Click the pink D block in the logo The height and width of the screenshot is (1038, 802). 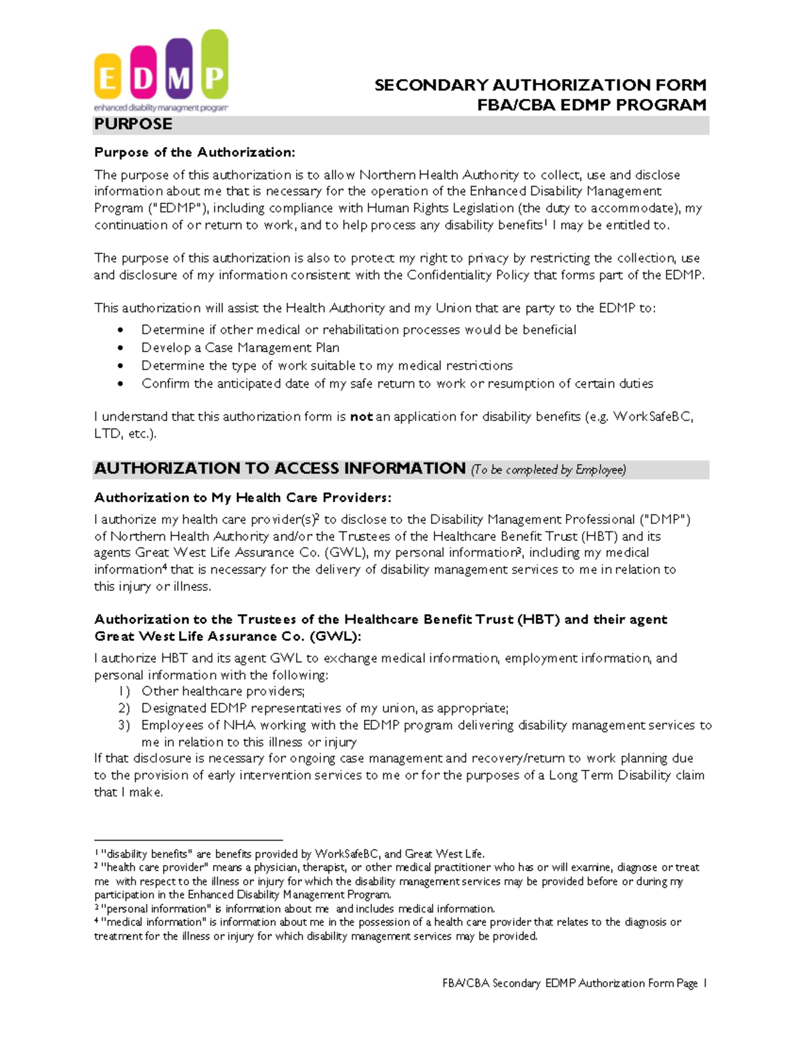[x=143, y=74]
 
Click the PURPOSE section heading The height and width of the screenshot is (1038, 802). [x=133, y=124]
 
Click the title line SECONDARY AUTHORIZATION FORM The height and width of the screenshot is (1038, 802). [x=540, y=85]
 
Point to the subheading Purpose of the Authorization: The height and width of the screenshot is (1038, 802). [x=194, y=152]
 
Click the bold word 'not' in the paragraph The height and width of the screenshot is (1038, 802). [x=361, y=416]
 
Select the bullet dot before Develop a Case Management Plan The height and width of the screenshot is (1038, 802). [x=120, y=348]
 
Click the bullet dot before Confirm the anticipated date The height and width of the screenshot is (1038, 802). [x=120, y=384]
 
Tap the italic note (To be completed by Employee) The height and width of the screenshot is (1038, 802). [x=548, y=470]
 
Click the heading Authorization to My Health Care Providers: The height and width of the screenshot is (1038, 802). [x=243, y=497]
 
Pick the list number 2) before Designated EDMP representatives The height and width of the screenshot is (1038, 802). [x=124, y=708]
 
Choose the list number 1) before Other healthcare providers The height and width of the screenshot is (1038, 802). [x=124, y=691]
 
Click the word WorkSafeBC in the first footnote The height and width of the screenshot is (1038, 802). [x=347, y=854]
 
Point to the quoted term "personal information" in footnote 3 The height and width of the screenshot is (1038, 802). [x=154, y=908]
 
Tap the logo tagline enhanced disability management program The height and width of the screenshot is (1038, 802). [x=160, y=108]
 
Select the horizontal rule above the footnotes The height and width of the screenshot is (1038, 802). [x=188, y=839]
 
